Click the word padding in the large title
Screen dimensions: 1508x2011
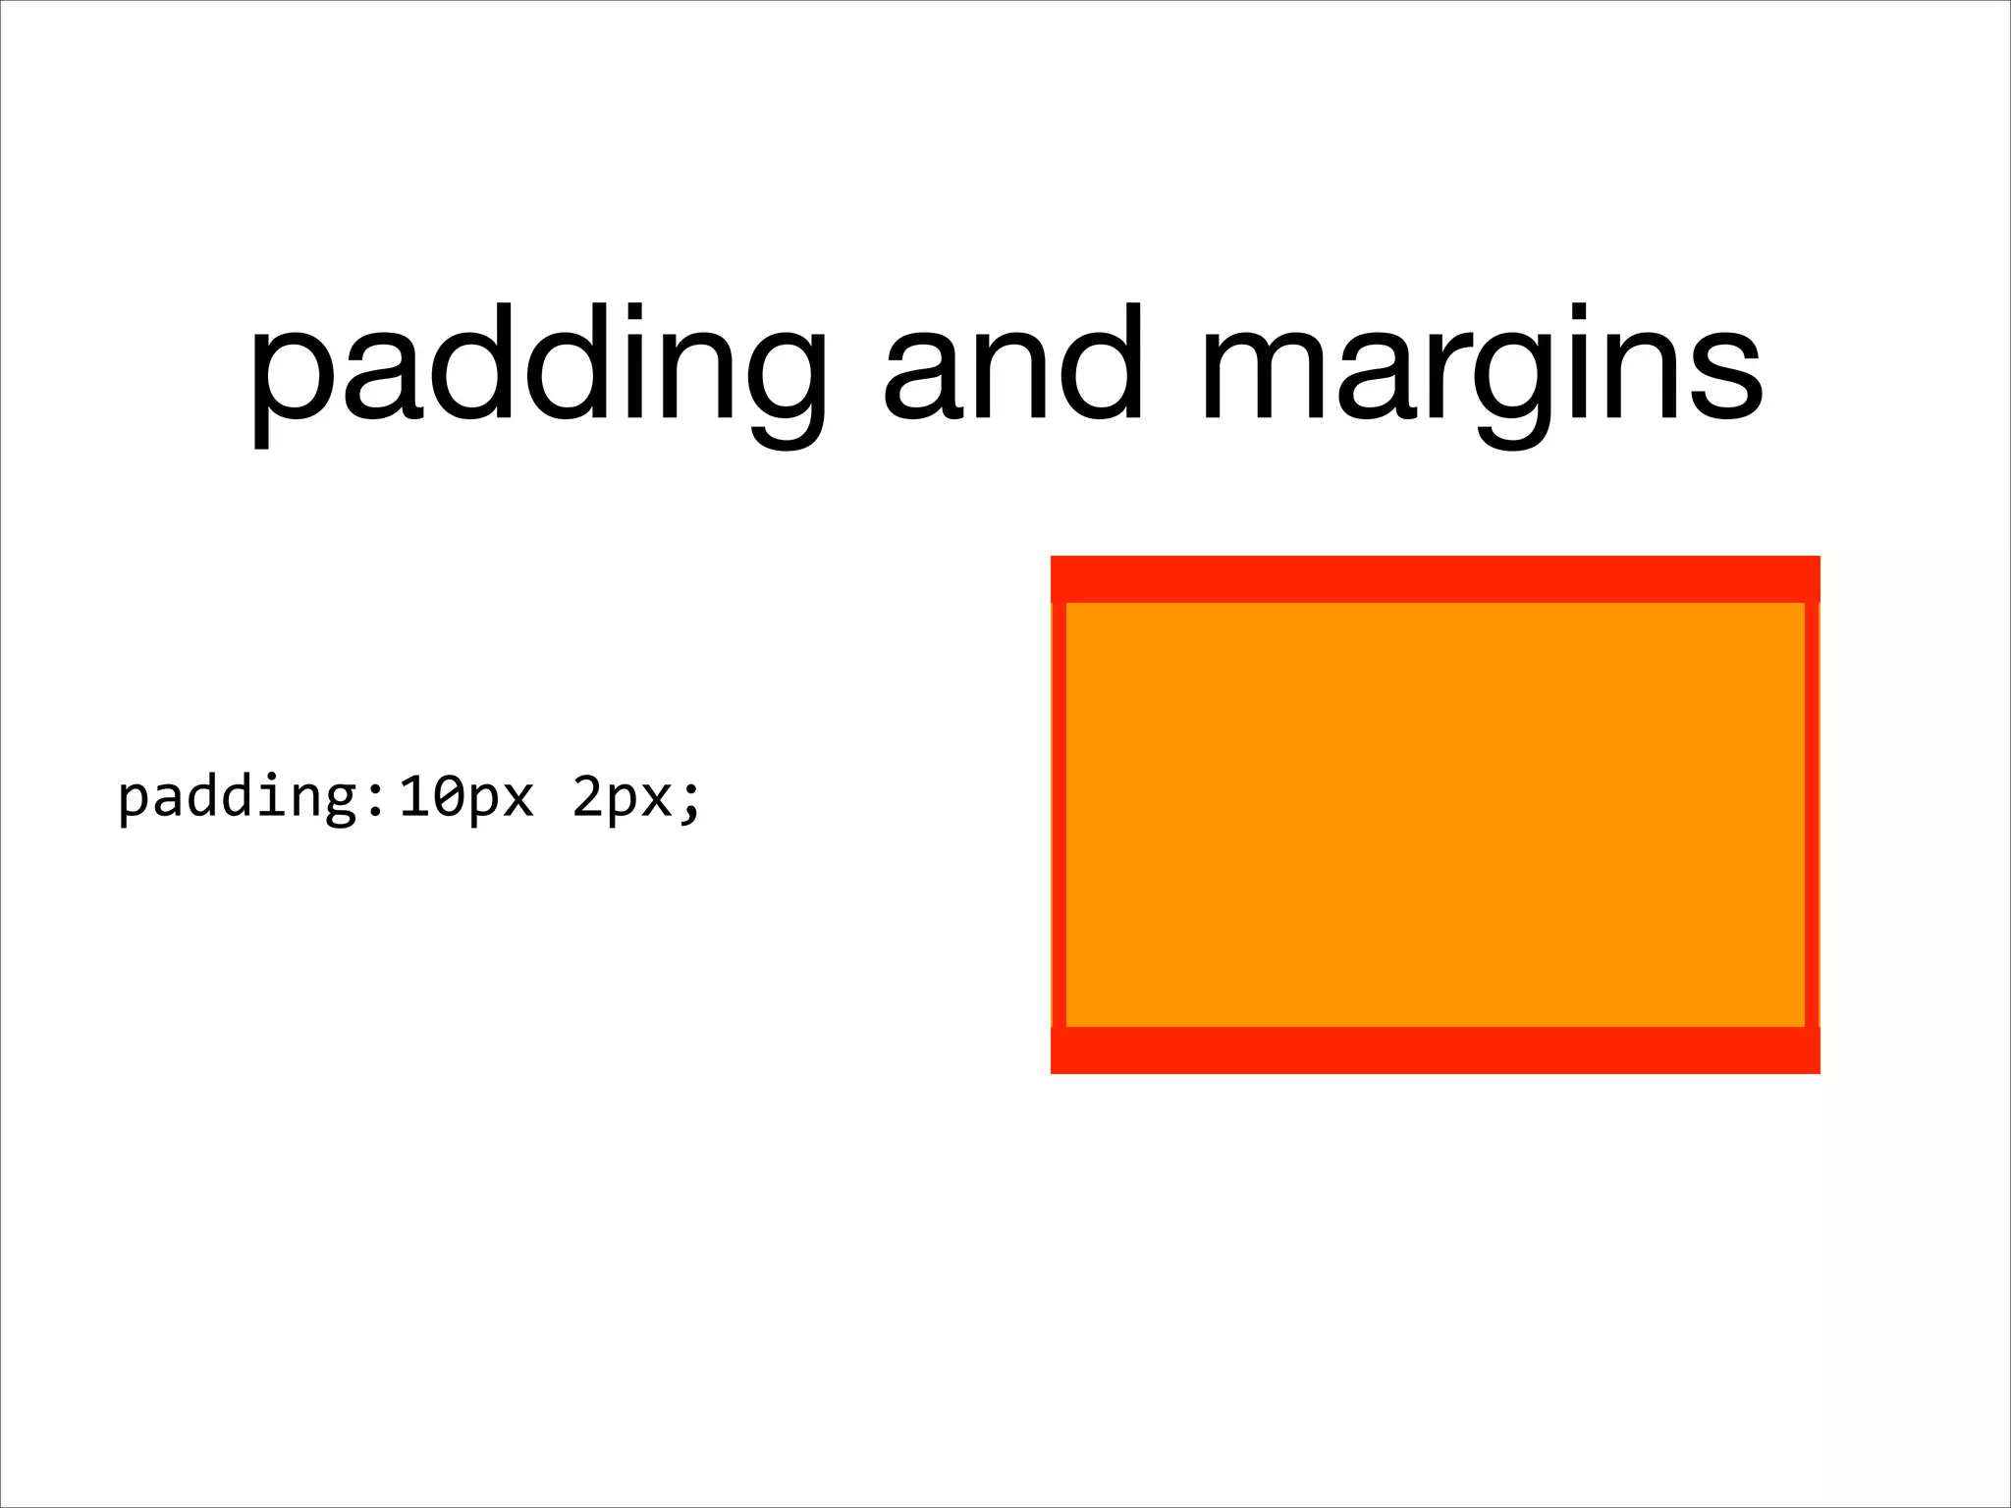point(538,368)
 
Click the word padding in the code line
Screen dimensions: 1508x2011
point(237,797)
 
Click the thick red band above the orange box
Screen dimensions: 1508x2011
point(1435,579)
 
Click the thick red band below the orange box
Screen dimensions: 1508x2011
point(1435,1050)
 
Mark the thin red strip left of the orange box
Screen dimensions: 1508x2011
point(1059,815)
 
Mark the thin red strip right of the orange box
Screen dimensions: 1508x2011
point(1812,815)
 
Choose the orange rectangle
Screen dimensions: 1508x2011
point(1435,815)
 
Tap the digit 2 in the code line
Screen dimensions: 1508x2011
point(588,797)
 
